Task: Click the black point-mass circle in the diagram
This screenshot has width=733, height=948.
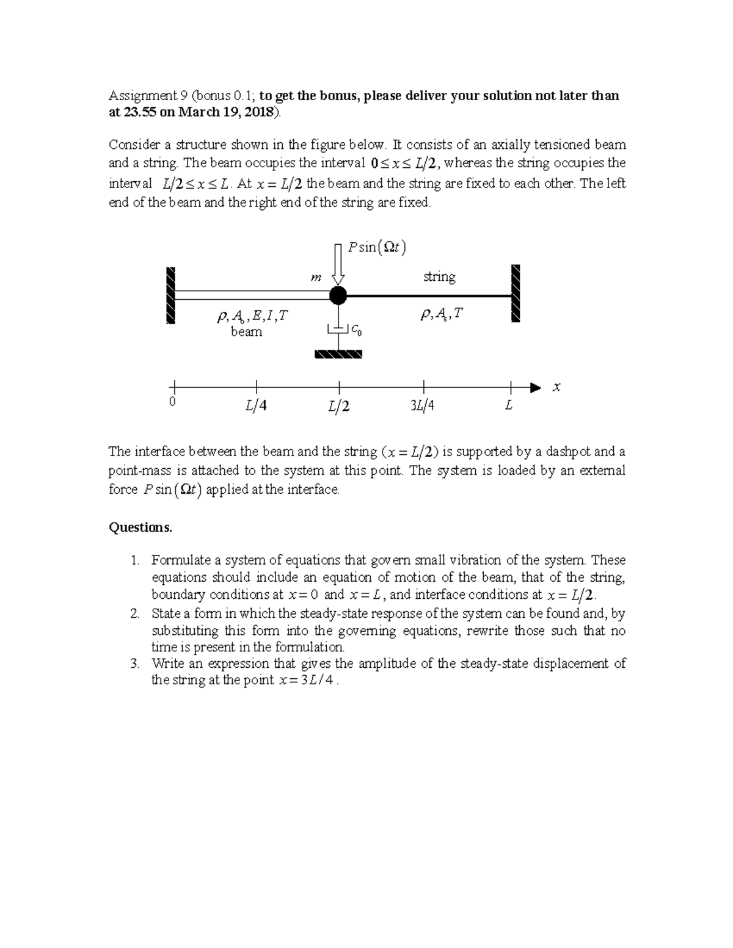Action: (338, 296)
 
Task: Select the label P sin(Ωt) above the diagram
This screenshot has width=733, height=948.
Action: (376, 247)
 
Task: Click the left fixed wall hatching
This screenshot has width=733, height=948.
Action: (170, 295)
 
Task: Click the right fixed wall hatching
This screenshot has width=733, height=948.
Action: (516, 294)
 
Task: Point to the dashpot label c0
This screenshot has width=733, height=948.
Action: (357, 331)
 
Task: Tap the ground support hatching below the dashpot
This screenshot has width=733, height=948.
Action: (338, 354)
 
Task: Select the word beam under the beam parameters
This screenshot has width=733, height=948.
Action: (246, 332)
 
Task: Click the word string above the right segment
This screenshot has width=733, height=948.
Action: (439, 277)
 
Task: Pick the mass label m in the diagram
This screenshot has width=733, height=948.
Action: (316, 278)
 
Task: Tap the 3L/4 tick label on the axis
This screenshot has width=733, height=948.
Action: (423, 405)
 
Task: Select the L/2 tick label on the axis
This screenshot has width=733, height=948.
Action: (338, 405)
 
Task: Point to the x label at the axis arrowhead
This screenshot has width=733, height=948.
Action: (556, 387)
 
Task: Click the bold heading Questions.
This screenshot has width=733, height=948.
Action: (140, 527)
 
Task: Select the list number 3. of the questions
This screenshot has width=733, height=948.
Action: (136, 664)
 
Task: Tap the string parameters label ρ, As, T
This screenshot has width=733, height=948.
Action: (442, 314)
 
